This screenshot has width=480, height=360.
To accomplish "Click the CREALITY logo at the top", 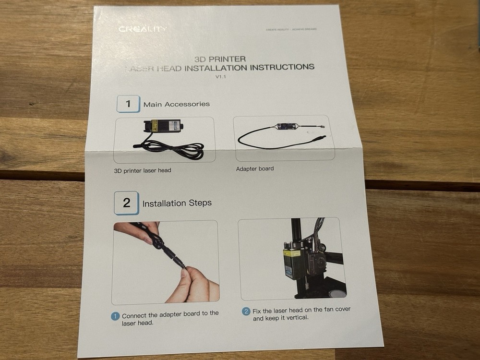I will [143, 29].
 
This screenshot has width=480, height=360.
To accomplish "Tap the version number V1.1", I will [220, 77].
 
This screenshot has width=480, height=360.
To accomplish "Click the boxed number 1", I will [128, 104].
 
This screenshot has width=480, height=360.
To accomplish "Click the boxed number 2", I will [126, 203].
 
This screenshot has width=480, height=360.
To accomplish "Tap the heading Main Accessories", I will [176, 104].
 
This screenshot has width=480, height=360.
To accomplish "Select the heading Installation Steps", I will [177, 204].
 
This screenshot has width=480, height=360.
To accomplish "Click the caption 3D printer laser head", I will [142, 170].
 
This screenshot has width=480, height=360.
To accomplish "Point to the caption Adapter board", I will [255, 169].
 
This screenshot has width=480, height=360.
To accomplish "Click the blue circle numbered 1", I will [115, 316].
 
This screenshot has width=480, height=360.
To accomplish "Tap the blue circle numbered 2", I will [246, 312].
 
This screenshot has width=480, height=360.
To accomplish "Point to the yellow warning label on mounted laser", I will [290, 253].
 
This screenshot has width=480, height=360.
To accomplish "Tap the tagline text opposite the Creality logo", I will [291, 29].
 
